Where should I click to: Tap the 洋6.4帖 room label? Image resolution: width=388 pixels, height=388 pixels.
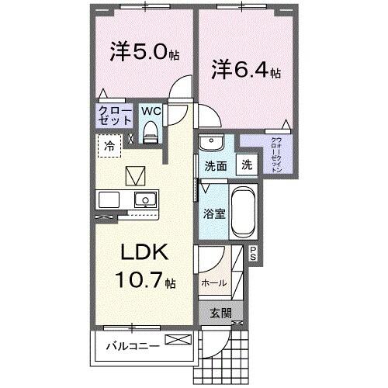coord(244,71)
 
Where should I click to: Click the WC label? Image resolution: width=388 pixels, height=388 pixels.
coord(151,111)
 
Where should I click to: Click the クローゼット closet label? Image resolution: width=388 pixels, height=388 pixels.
coord(114,116)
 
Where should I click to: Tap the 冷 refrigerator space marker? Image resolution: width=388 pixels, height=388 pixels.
coord(109,144)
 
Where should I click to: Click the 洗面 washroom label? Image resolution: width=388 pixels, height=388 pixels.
coord(215,165)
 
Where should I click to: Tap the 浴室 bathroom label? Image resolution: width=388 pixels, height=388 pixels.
coord(215,213)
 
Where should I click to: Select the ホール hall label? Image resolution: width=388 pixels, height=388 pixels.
coord(213,283)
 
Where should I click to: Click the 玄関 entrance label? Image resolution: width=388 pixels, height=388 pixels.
coord(220,313)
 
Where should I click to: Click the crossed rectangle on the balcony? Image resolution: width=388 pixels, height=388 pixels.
coord(175,339)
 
